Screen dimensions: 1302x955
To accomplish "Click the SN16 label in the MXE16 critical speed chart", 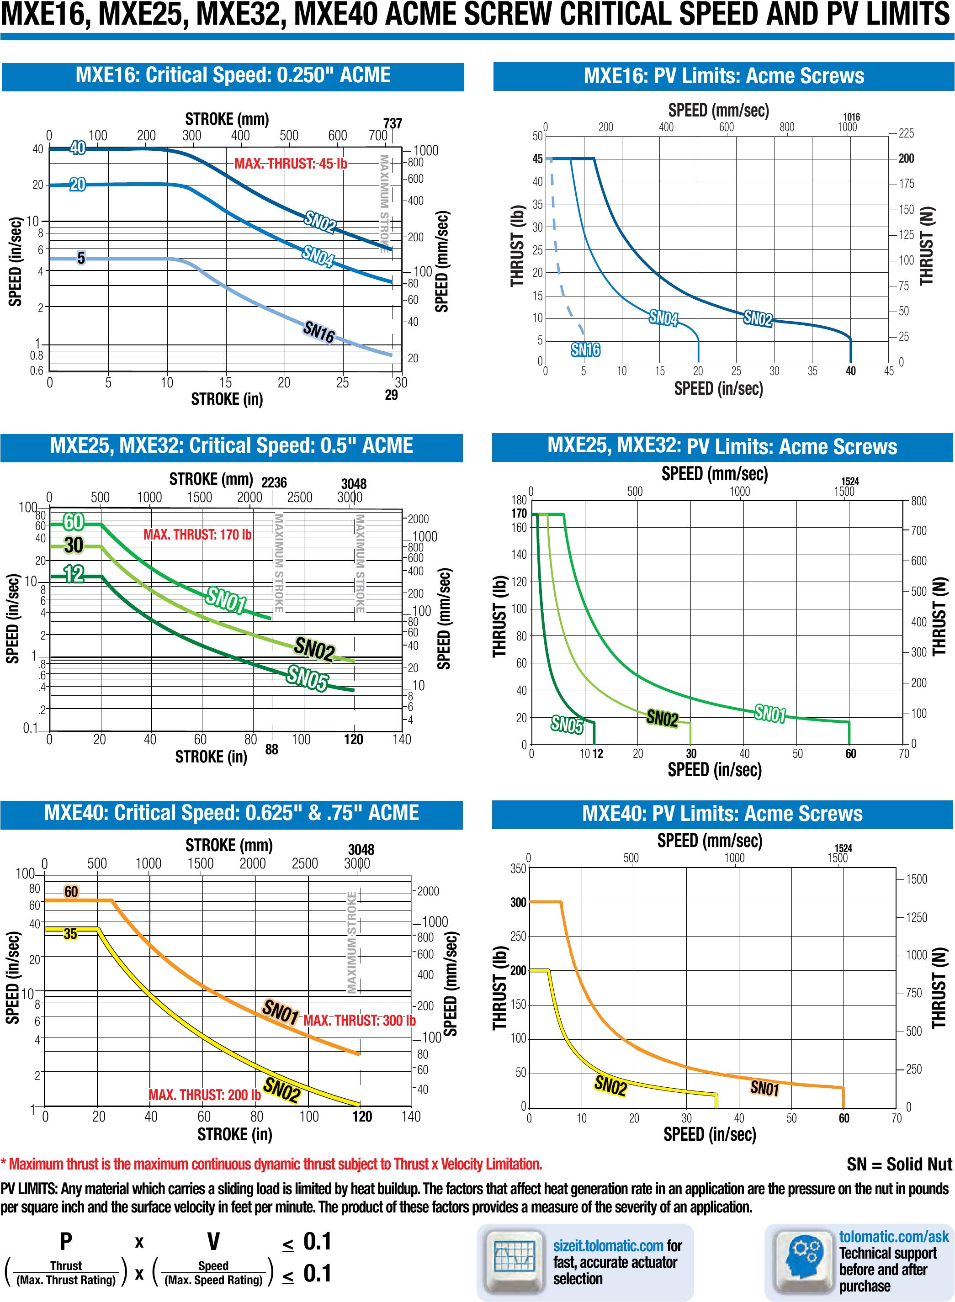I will [318, 332].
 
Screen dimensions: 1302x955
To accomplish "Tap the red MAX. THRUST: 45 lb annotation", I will [291, 164].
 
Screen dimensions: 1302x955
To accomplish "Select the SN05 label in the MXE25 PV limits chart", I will [567, 724].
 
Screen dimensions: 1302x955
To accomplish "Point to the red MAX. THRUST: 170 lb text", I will [197, 535].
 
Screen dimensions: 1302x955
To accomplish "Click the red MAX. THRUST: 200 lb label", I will [204, 1095].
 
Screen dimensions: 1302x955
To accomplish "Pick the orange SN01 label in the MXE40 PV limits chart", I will [765, 1088].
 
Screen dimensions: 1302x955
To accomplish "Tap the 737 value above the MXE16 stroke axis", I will [393, 123].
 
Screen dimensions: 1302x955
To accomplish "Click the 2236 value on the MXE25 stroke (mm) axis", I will [274, 482].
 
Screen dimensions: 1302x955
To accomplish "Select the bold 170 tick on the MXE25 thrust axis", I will [519, 513].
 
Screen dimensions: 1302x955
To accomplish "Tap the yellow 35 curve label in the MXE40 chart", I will [70, 934].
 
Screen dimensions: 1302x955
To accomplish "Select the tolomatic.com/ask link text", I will [894, 1236].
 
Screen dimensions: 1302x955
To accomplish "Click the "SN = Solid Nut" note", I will [899, 1164].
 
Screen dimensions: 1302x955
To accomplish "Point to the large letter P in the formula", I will [66, 1240].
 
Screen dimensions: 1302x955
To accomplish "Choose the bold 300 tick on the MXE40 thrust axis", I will [518, 902].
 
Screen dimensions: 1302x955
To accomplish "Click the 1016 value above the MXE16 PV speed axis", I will [851, 117].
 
